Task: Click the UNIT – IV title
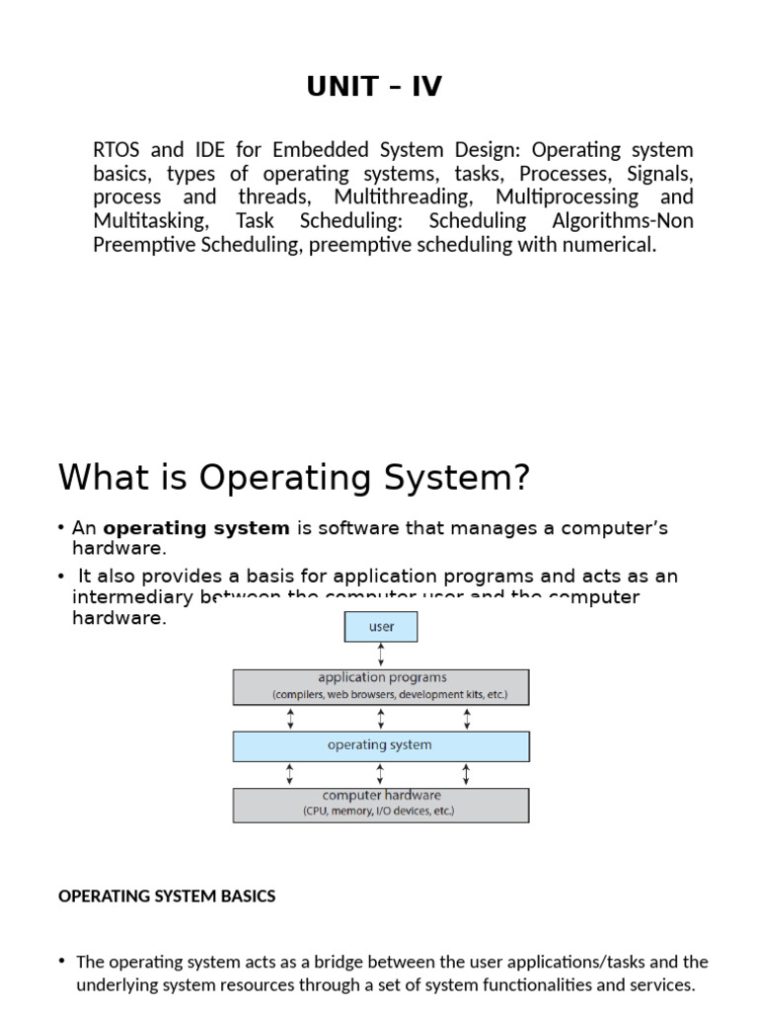[374, 87]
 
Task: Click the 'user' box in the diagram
[381, 627]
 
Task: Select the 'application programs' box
[381, 686]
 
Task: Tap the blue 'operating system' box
[381, 745]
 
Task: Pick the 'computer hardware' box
[381, 805]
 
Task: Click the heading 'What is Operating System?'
[294, 478]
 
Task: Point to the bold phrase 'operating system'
[196, 528]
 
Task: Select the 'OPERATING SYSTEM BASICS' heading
[167, 896]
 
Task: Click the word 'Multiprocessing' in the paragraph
[567, 197]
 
